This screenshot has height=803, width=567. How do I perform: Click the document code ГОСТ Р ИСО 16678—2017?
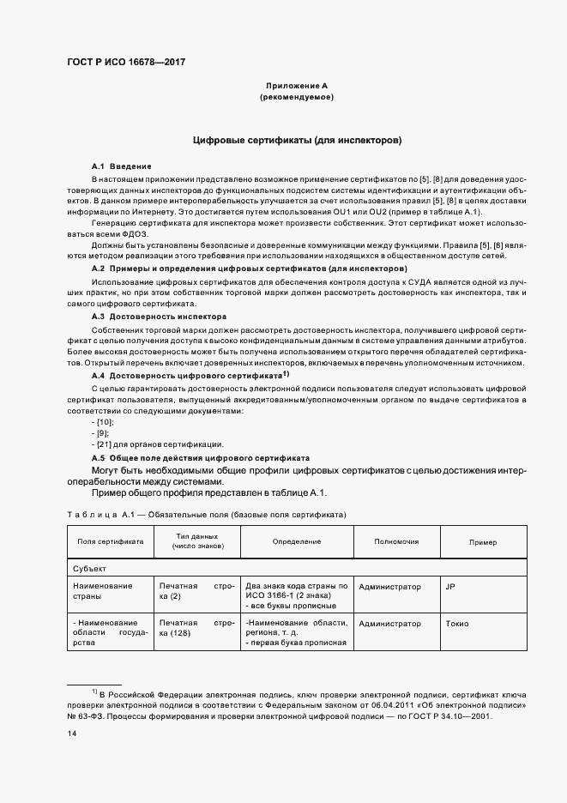(127, 62)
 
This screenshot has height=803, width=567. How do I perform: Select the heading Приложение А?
(297, 86)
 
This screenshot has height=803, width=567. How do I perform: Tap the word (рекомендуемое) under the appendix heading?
(297, 98)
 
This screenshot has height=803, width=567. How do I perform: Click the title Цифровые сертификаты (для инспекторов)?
(298, 139)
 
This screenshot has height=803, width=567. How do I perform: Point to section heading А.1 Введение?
(122, 165)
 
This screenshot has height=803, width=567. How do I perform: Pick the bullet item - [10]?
(102, 422)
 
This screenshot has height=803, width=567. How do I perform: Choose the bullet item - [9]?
(100, 433)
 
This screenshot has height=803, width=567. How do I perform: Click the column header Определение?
(297, 542)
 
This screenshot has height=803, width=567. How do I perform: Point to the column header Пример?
(482, 542)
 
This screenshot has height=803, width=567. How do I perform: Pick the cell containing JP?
(450, 587)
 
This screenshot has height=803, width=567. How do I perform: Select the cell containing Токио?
(457, 624)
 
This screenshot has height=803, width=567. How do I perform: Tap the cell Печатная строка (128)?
(196, 628)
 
